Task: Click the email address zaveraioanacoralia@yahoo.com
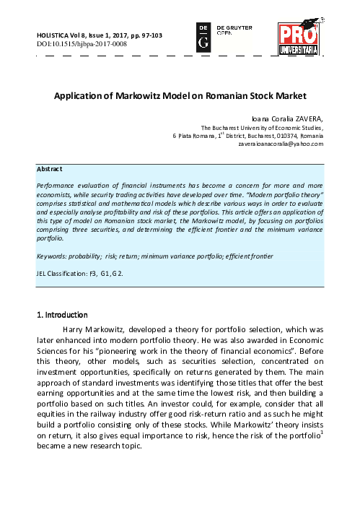coord(281,144)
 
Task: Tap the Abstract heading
coord(49,169)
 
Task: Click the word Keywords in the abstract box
coord(52,256)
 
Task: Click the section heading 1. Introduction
coord(62,315)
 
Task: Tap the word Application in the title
coord(80,95)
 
